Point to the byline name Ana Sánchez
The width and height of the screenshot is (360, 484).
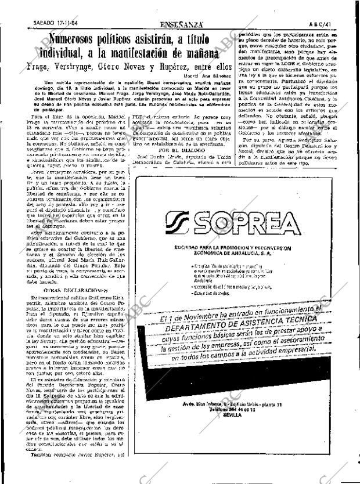(218, 77)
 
